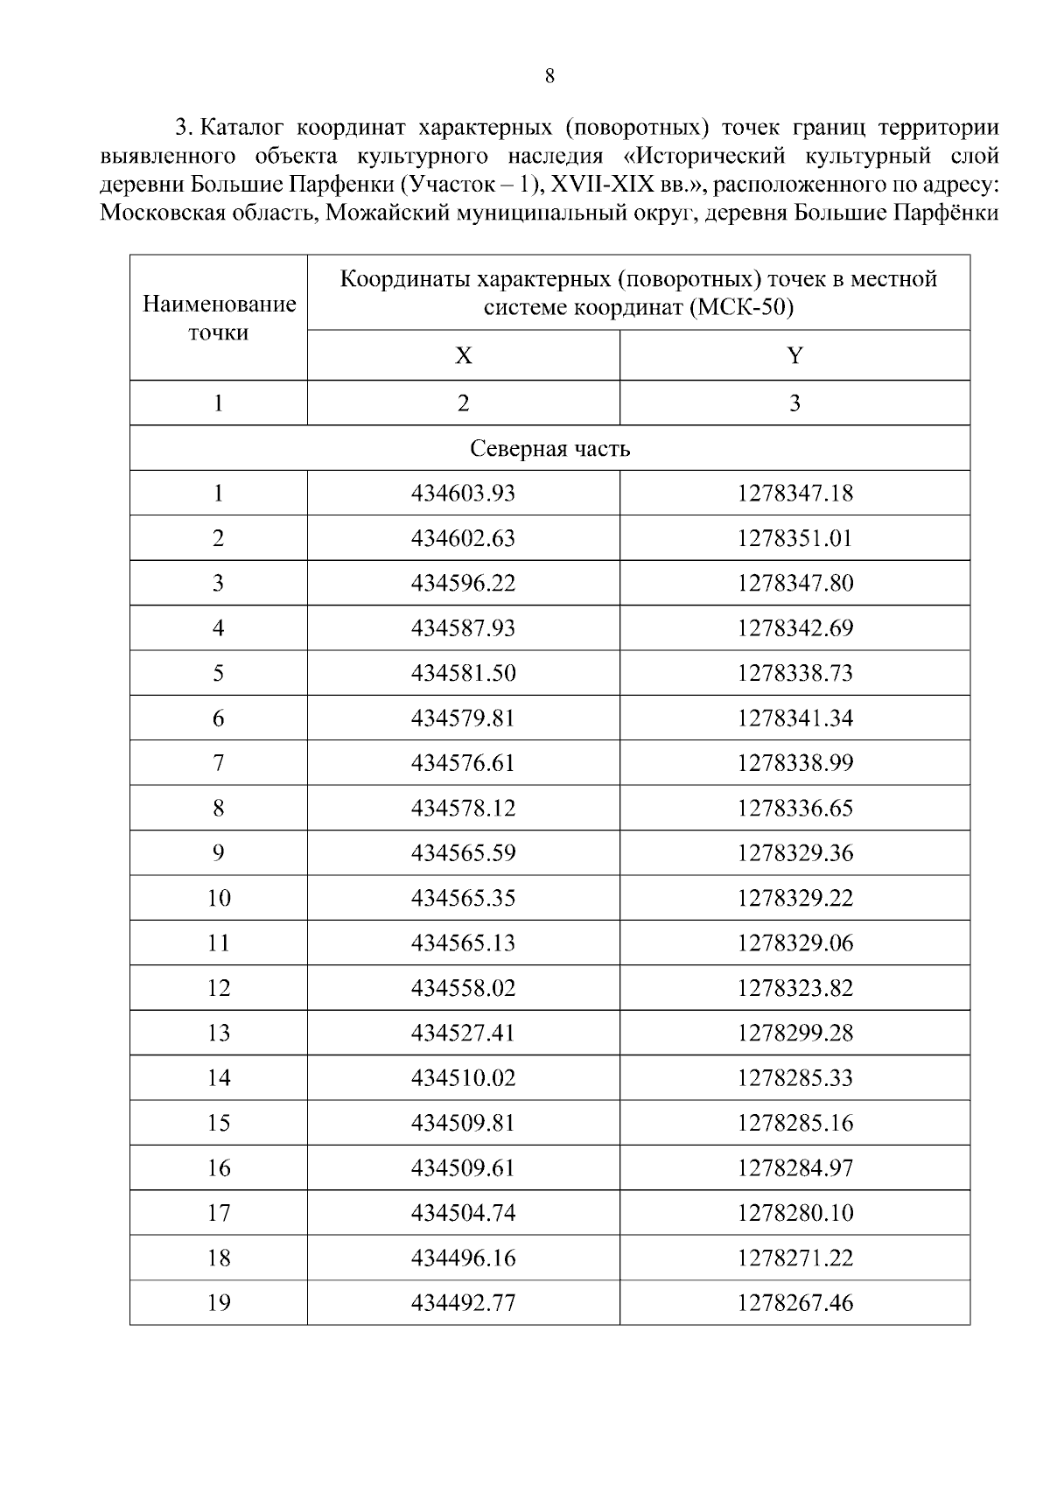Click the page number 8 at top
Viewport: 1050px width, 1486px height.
tap(549, 76)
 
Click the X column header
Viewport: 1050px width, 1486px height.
tap(463, 355)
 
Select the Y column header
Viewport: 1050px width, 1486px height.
tap(794, 355)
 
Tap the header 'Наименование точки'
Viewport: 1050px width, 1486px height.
tap(219, 319)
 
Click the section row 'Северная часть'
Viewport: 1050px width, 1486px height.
tap(549, 449)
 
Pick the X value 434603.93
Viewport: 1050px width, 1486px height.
tap(463, 494)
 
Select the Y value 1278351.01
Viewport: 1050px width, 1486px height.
tap(794, 538)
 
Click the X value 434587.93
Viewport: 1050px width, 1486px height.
tap(463, 628)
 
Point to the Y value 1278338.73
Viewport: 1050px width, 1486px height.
tap(794, 673)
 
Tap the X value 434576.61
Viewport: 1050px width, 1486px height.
tap(463, 763)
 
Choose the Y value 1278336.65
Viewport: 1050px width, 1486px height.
tap(794, 808)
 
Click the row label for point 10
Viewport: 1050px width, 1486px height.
tap(219, 898)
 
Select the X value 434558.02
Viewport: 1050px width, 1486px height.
tap(463, 988)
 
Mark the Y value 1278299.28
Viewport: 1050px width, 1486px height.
tap(794, 1033)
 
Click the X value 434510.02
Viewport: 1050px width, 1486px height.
tap(463, 1078)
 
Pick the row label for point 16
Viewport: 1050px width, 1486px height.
tap(219, 1168)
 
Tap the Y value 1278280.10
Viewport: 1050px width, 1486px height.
tap(794, 1213)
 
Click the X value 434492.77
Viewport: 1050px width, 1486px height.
tap(463, 1303)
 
